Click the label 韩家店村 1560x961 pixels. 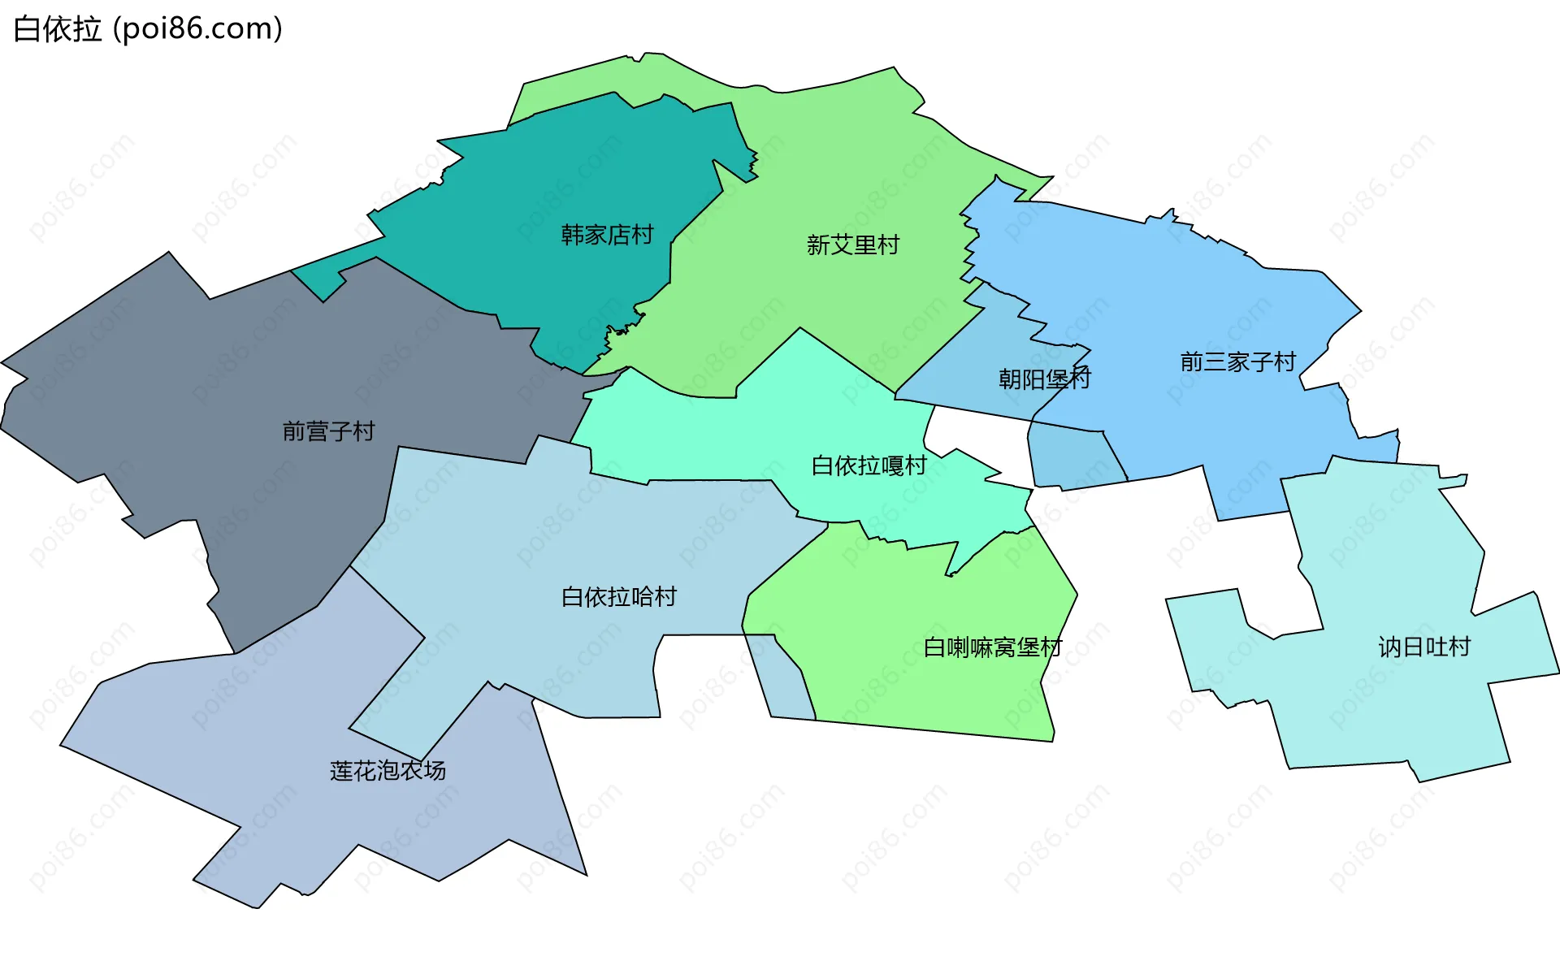(607, 235)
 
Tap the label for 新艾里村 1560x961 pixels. (852, 245)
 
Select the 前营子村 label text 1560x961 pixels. (328, 431)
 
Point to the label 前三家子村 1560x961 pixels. (1237, 361)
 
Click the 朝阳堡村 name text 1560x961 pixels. (1044, 379)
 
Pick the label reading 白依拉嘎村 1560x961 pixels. (869, 465)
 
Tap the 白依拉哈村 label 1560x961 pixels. (618, 597)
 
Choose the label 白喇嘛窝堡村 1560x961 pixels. (992, 647)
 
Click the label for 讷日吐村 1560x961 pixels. (1423, 647)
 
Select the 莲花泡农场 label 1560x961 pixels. (388, 770)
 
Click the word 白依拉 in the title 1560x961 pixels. (58, 28)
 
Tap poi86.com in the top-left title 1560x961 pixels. (197, 28)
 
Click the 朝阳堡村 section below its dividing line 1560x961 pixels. (1072, 459)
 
